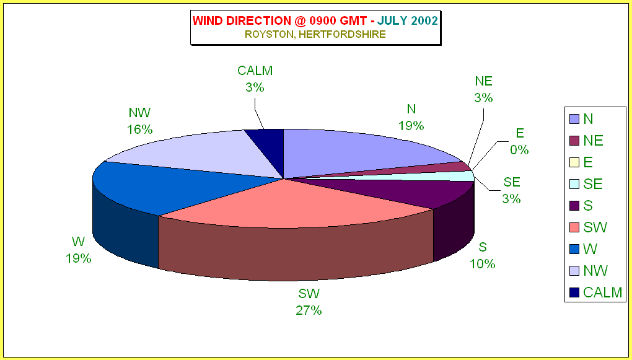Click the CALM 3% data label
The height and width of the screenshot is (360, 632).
(255, 79)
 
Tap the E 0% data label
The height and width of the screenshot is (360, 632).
(520, 141)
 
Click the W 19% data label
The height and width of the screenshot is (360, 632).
(79, 250)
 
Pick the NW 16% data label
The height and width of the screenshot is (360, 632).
(140, 121)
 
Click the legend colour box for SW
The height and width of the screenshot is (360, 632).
(574, 227)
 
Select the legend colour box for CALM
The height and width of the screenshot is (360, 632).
(574, 292)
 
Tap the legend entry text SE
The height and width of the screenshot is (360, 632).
(592, 184)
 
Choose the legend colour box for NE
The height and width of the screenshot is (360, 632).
(574, 140)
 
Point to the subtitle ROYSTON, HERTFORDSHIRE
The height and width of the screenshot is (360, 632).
(315, 35)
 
